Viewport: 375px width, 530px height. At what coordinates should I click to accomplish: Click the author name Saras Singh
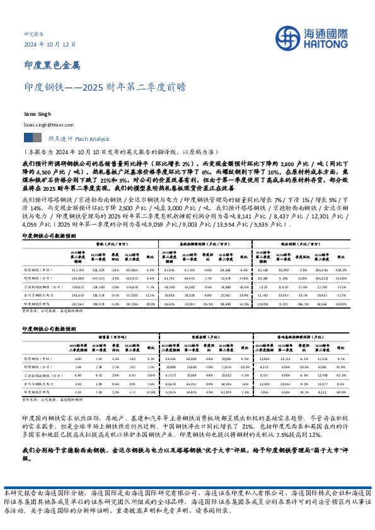coord(36,115)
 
